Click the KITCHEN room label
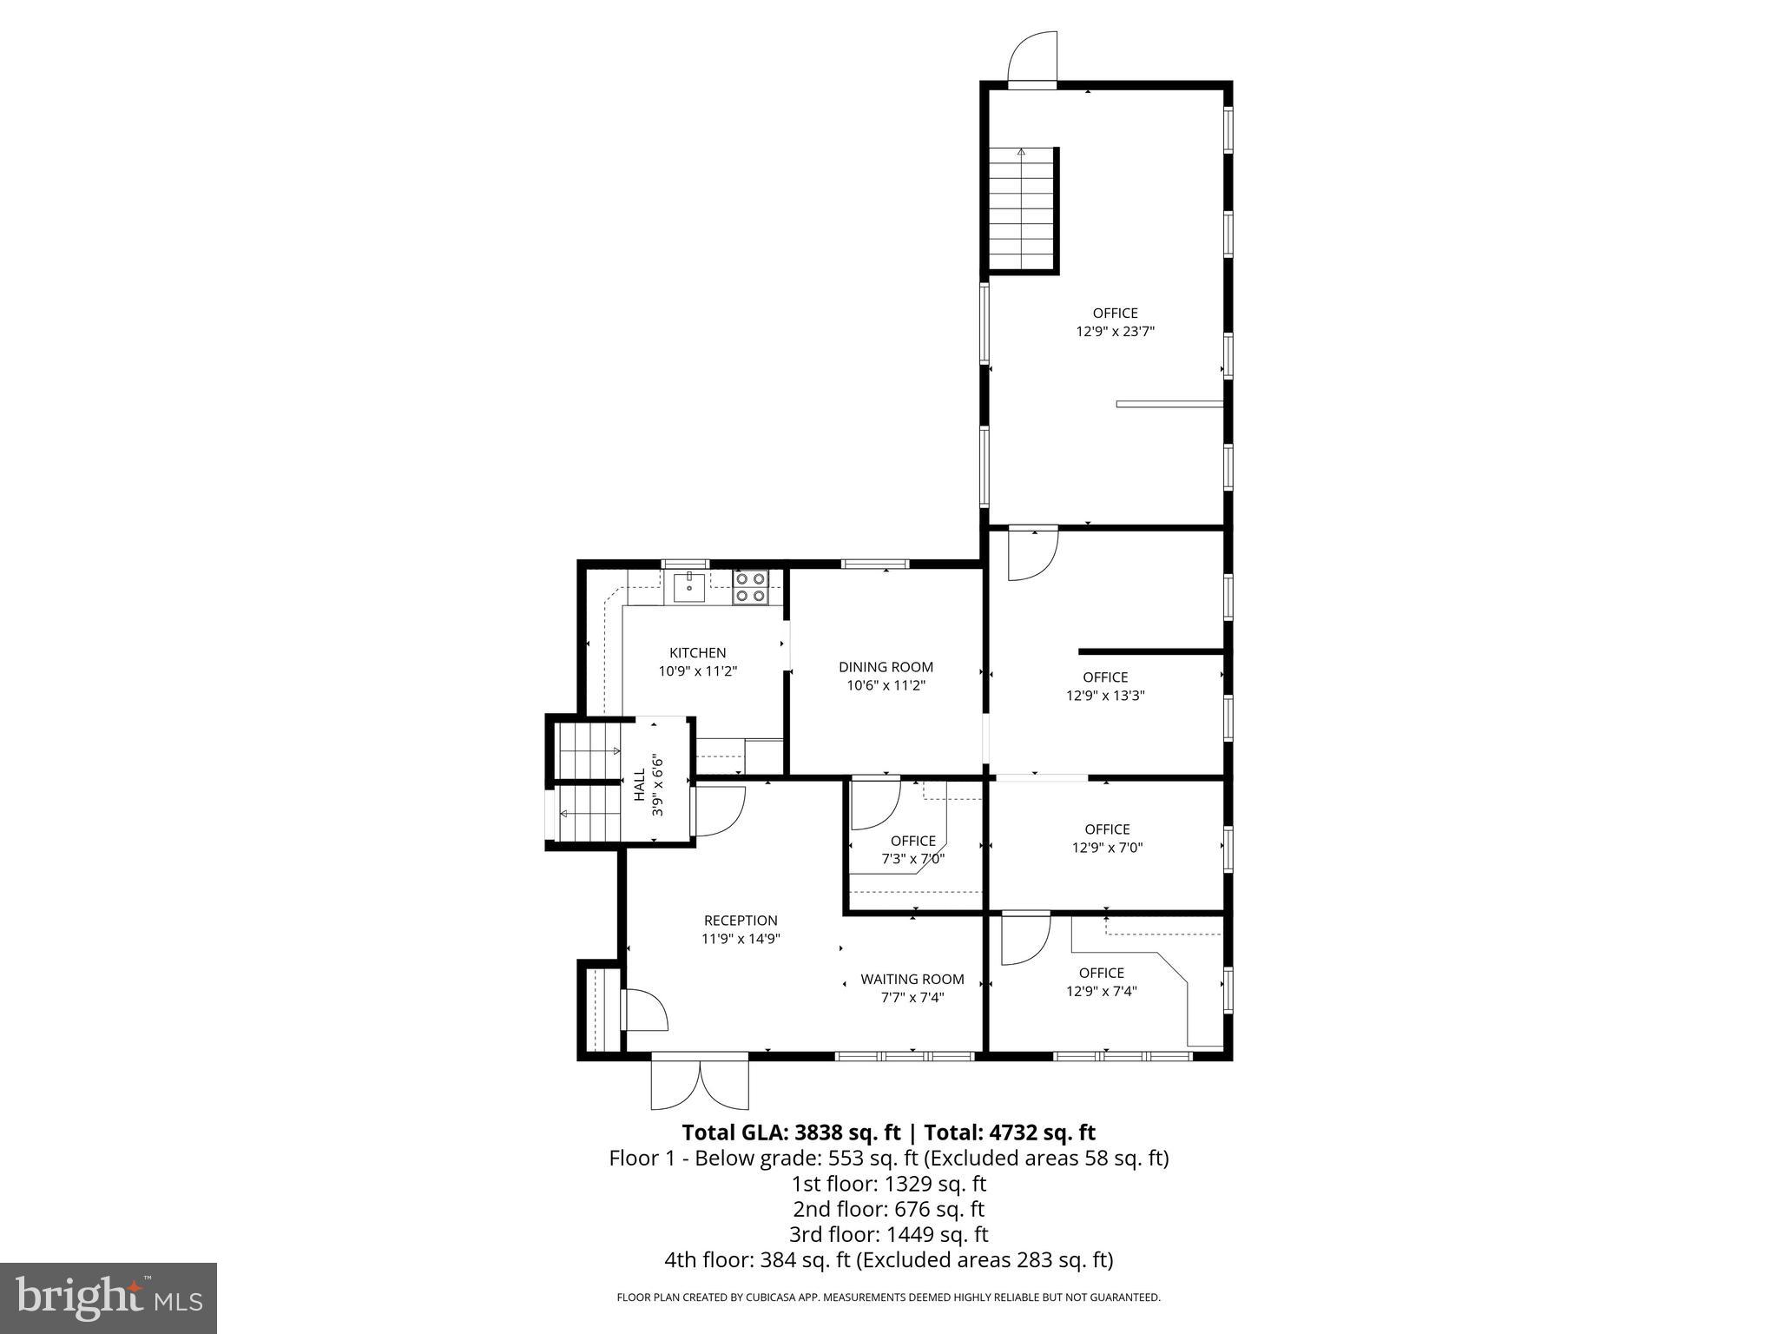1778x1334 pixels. pos(697,653)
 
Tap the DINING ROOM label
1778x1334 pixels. pos(886,667)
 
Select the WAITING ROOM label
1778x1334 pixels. pos(912,979)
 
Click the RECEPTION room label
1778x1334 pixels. pos(741,921)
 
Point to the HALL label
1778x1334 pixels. pos(640,785)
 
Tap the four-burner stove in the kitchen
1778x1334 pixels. pos(751,586)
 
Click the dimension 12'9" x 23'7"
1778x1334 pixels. pos(1116,331)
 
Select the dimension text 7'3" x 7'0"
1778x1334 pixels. pos(912,859)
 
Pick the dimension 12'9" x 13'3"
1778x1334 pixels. pos(1105,695)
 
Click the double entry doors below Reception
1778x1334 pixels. pos(700,1082)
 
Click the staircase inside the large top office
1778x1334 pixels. pos(1024,209)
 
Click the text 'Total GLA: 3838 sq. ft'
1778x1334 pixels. pos(791,1133)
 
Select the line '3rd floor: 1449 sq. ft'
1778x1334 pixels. pos(888,1234)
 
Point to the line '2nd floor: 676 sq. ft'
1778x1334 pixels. pos(888,1209)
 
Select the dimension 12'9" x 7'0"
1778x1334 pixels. pos(1107,848)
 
